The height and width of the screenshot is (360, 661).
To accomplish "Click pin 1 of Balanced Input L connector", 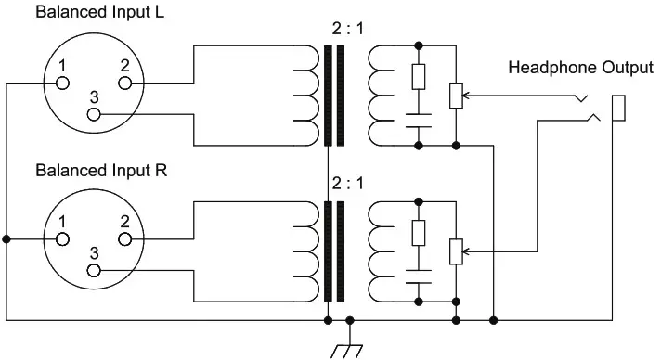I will coord(63,83).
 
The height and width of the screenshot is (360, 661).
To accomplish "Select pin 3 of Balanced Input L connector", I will coord(93,114).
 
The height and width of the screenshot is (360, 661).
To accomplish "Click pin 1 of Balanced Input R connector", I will coord(63,238).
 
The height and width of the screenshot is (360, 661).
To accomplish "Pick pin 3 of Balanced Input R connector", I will coord(93,270).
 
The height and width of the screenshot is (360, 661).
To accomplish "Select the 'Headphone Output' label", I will coord(580,68).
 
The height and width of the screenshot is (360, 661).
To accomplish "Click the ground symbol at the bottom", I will coord(348,347).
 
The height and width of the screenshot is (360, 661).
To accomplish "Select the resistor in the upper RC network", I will coord(420,77).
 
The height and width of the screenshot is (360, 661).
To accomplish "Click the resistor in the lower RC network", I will coord(420,233).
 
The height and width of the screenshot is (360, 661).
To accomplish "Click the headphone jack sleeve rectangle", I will coord(616,108).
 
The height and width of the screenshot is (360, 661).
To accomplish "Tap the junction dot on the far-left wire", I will coord(6,238).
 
